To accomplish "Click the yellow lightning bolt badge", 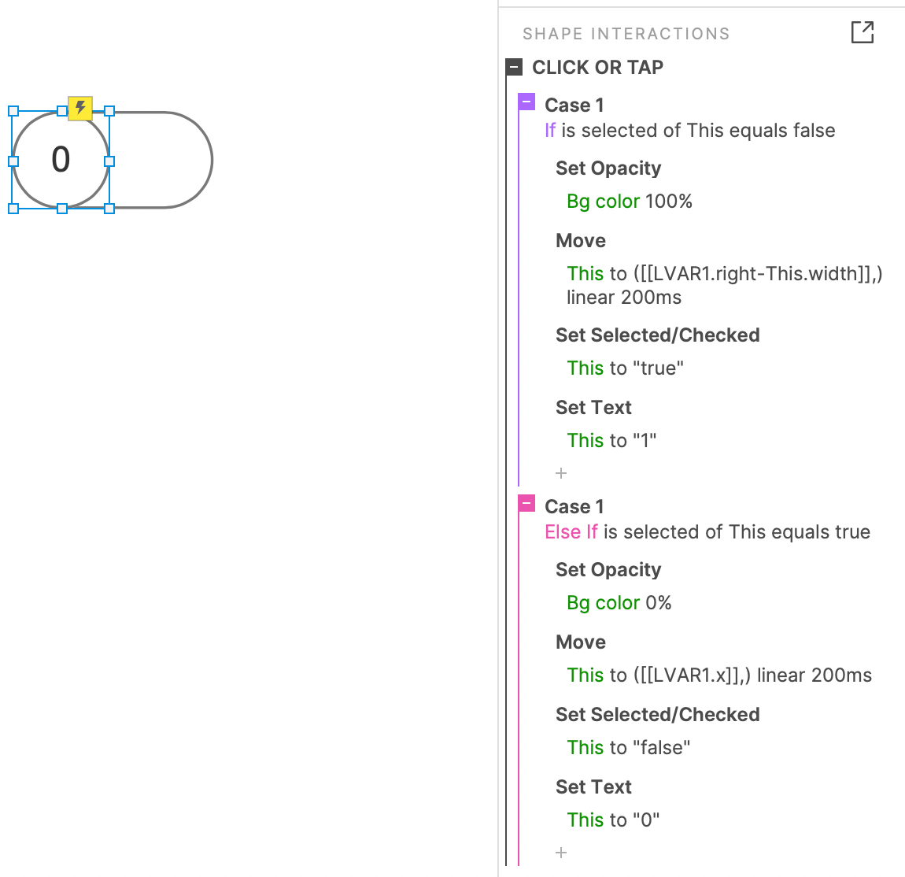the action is pyautogui.click(x=80, y=108).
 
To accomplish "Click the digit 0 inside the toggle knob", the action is pyautogui.click(x=61, y=159).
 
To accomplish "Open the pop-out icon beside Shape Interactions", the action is pyautogui.click(x=863, y=32).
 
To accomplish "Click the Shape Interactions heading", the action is pyautogui.click(x=626, y=34).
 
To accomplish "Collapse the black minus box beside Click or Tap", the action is pyautogui.click(x=514, y=67).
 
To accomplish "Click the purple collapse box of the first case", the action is pyautogui.click(x=526, y=102).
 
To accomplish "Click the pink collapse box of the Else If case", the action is pyautogui.click(x=526, y=504).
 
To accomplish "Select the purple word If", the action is pyautogui.click(x=550, y=131).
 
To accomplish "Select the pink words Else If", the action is pyautogui.click(x=571, y=531).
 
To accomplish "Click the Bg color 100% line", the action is pyautogui.click(x=629, y=202).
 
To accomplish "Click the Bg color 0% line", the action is pyautogui.click(x=619, y=603).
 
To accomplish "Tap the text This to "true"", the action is pyautogui.click(x=625, y=368).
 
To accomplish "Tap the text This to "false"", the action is pyautogui.click(x=629, y=747).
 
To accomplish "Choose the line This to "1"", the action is pyautogui.click(x=611, y=441).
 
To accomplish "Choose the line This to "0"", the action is pyautogui.click(x=613, y=820).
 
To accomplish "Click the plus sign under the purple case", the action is pyautogui.click(x=561, y=473).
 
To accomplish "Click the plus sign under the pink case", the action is pyautogui.click(x=561, y=853).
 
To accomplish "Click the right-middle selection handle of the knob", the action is pyautogui.click(x=109, y=161).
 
